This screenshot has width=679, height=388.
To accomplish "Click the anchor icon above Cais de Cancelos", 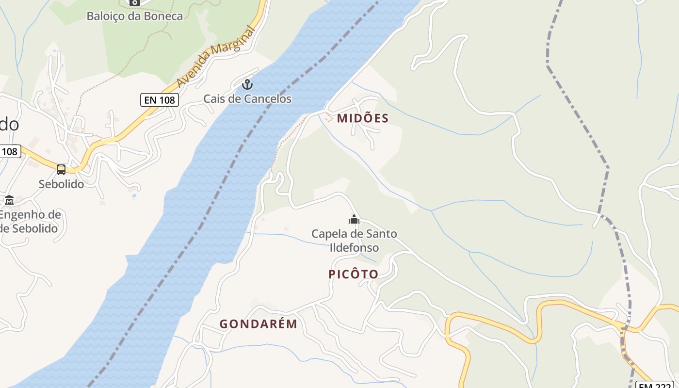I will (x=247, y=85).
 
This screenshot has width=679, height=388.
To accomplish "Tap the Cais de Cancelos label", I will (x=247, y=99).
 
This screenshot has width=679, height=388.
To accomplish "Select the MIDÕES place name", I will (x=363, y=118).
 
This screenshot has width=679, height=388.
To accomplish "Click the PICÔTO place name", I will (x=353, y=274).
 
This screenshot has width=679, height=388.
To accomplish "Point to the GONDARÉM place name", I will (x=258, y=324).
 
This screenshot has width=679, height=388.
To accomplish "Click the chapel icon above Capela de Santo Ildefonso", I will (x=354, y=220).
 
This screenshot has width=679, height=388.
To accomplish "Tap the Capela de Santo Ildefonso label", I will (x=354, y=241).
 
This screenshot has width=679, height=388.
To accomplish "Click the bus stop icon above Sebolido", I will (x=61, y=170).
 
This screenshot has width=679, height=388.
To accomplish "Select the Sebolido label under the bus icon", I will (x=61, y=184).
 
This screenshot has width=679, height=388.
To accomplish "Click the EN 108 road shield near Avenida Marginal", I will (x=160, y=100).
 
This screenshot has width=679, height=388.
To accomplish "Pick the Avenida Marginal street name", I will (x=216, y=57).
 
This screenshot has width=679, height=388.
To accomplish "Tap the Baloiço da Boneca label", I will (x=135, y=16).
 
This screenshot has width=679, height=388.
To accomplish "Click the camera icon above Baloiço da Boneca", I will (x=135, y=2).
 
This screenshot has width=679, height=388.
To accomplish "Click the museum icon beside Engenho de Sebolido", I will (x=9, y=200).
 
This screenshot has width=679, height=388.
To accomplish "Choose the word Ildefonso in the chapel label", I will (x=354, y=248).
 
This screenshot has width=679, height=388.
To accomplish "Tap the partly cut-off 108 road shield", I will (x=9, y=151).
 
